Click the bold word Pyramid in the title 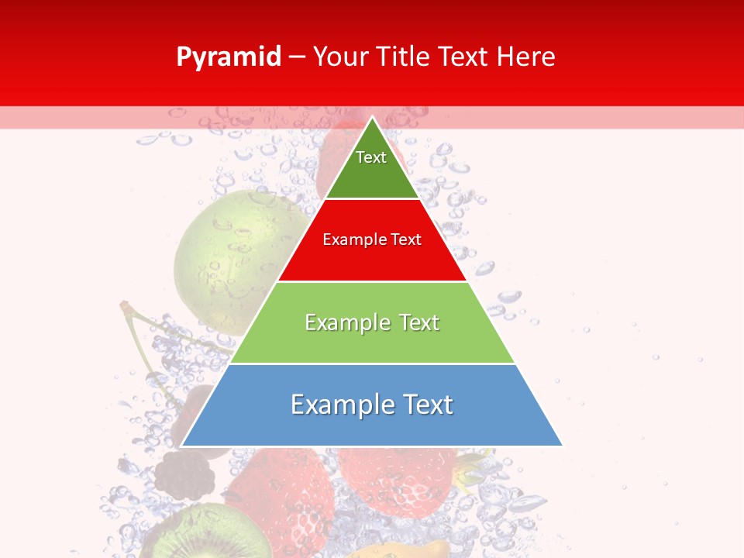tap(229, 57)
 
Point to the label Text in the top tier tap(371, 157)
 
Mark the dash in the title tap(297, 57)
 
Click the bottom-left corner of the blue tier tap(182, 446)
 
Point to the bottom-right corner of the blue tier tap(562, 446)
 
